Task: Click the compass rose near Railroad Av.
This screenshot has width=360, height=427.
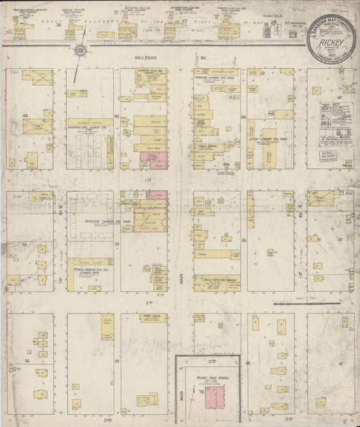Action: point(80,51)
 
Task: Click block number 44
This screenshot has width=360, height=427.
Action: point(26,116)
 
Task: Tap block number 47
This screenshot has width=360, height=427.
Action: point(342,99)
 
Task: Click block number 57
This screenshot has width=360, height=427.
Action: point(342,239)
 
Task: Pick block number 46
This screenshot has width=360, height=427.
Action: point(242,116)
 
